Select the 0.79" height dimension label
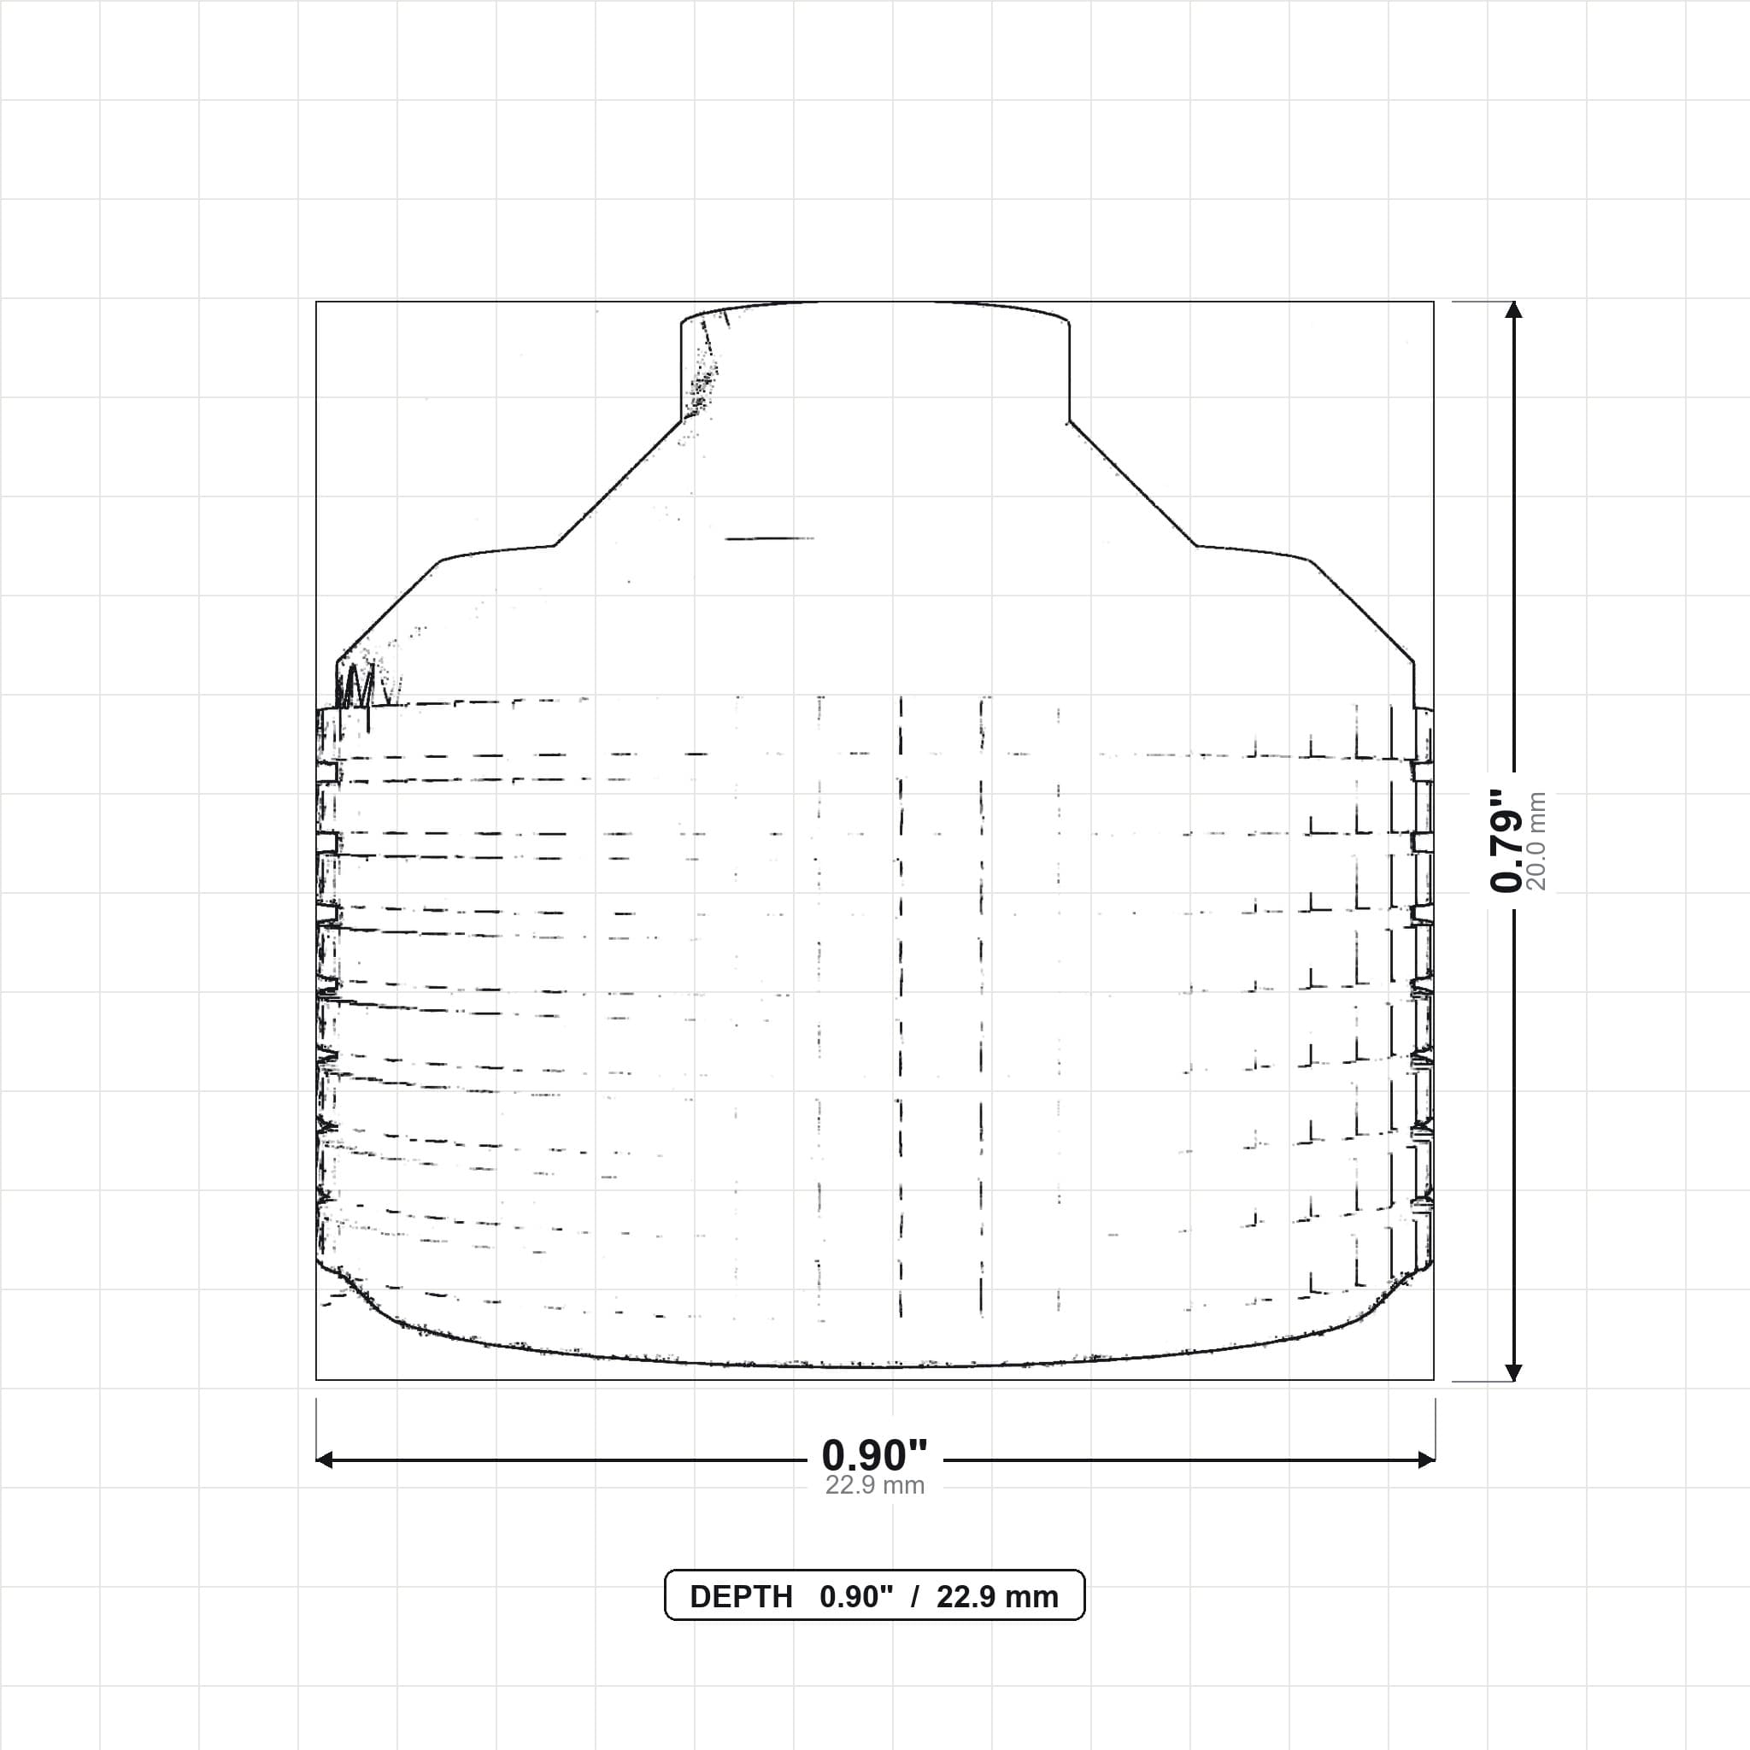[1506, 840]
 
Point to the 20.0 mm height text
[1536, 841]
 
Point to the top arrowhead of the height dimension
[1513, 310]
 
